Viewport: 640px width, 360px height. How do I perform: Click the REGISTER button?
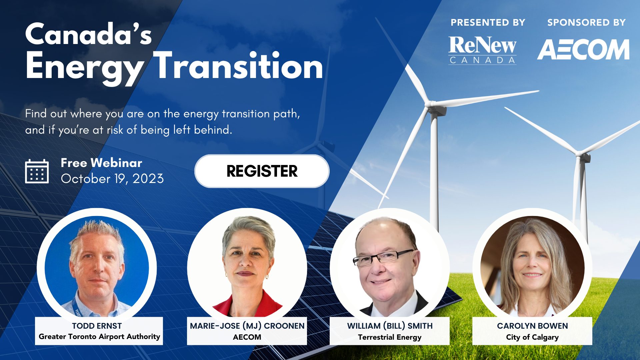click(262, 171)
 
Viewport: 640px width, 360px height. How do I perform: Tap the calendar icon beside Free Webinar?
click(37, 171)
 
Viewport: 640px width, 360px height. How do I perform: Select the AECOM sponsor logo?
click(583, 49)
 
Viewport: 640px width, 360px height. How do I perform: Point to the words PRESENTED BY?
click(488, 22)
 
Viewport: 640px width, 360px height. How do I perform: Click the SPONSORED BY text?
click(587, 22)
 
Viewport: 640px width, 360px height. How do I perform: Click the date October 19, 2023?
click(112, 179)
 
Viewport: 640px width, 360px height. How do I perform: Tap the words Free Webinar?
click(102, 163)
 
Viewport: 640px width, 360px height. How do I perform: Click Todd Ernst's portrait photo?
click(97, 267)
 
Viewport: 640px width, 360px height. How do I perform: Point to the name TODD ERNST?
click(97, 326)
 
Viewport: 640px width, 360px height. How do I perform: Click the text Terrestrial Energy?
click(390, 337)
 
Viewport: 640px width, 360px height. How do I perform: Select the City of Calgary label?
click(532, 337)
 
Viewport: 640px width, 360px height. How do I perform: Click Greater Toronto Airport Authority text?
click(99, 337)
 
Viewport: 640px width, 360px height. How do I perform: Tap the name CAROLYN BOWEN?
click(532, 326)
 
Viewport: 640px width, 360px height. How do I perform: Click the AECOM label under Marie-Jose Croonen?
click(247, 337)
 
